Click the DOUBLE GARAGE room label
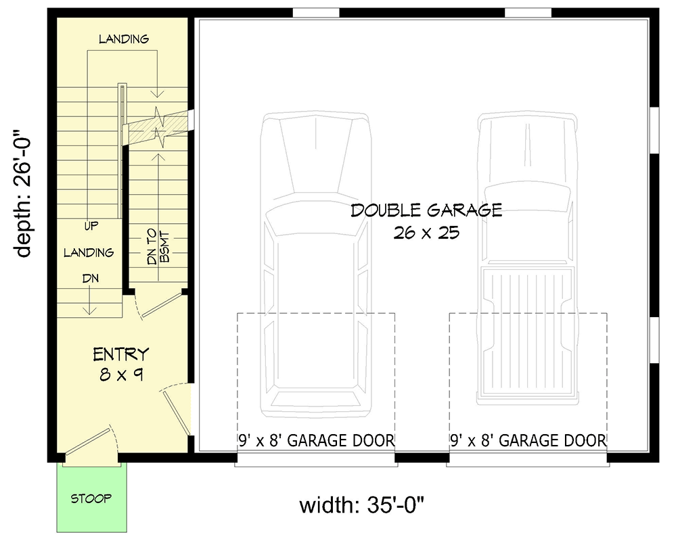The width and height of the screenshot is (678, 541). (x=426, y=210)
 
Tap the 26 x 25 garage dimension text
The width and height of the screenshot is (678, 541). (x=426, y=233)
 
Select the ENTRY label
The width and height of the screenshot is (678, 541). (x=121, y=354)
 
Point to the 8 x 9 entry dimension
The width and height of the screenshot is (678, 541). (x=121, y=374)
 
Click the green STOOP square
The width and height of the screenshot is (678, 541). (x=91, y=499)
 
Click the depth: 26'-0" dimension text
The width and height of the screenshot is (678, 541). (x=24, y=195)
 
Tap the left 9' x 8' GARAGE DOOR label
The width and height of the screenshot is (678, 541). (x=316, y=441)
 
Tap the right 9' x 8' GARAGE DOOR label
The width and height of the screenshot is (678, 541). (x=528, y=441)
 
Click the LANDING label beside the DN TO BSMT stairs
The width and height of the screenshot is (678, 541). (x=89, y=253)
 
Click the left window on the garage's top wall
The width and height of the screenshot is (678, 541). (x=315, y=12)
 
